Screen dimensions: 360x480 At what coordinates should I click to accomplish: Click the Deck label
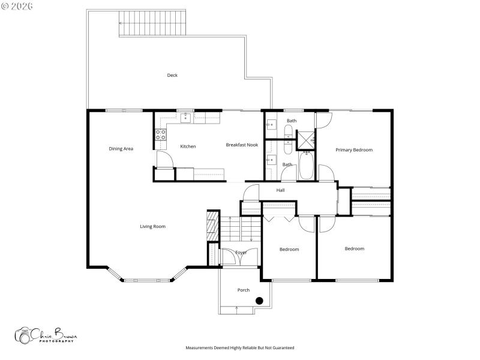coord(172,75)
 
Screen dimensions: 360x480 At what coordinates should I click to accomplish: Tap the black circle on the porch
coord(259,301)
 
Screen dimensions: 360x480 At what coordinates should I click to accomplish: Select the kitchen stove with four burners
coord(161,134)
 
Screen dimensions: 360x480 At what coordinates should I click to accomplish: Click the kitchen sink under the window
coord(186,118)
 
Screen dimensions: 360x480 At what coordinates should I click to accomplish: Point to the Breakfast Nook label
coord(242,145)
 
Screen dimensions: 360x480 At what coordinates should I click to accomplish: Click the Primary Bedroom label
coord(354,150)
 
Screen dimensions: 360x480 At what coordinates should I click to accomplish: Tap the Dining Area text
coord(121,149)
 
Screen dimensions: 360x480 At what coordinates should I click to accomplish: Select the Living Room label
coord(152,226)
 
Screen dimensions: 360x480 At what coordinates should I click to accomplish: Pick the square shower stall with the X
coord(305,139)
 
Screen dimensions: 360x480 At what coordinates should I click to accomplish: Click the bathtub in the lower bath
coord(305,166)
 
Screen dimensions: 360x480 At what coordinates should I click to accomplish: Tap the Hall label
coord(280,190)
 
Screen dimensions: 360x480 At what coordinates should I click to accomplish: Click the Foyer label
coord(241,253)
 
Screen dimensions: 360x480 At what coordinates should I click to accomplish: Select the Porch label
coord(243,290)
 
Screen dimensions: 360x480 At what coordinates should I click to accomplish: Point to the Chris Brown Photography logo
coord(46,335)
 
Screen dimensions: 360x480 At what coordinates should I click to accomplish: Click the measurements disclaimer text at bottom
coord(240,347)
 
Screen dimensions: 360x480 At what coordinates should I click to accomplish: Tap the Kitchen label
coord(188,146)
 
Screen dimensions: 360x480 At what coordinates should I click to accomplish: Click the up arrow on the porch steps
coord(237,309)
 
